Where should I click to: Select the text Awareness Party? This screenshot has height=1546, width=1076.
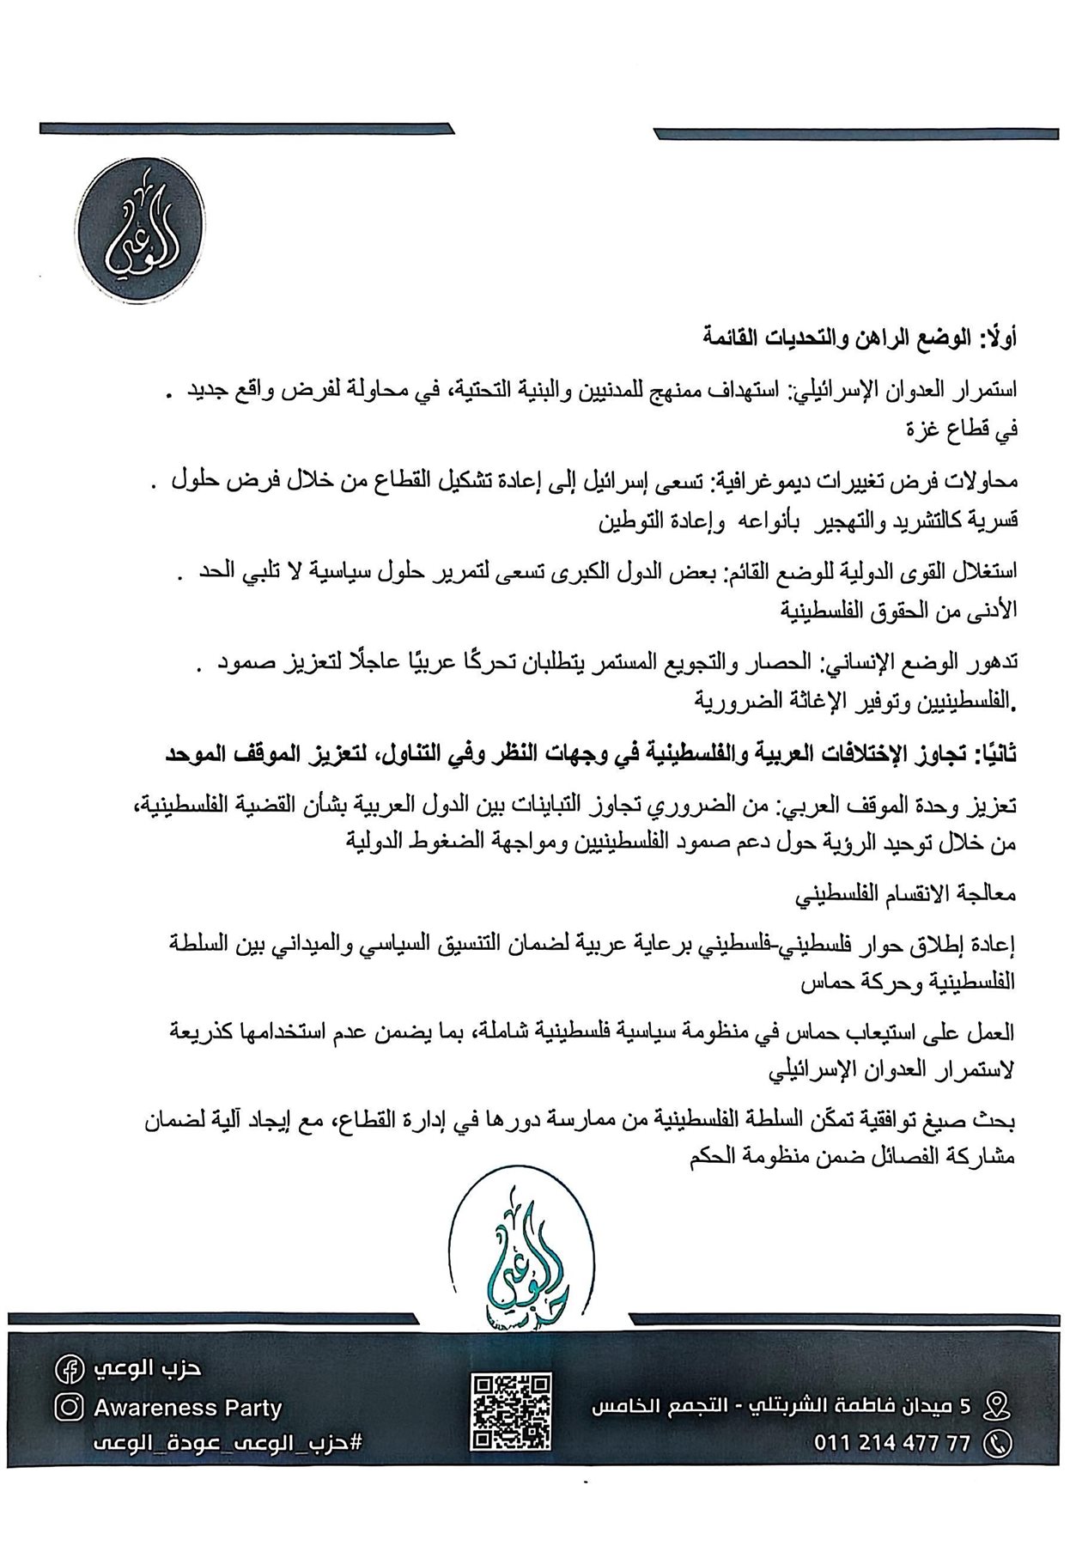187,1408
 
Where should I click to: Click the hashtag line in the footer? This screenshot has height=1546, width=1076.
228,1443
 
